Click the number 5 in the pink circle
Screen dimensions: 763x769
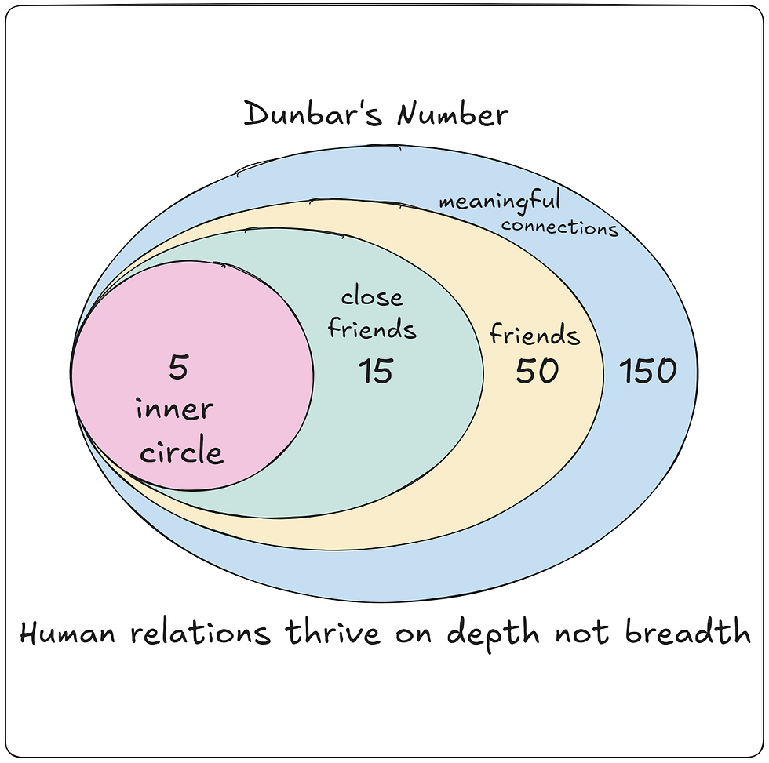(x=179, y=367)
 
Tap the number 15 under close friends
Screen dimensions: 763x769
(x=375, y=371)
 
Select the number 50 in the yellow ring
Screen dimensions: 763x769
(x=537, y=371)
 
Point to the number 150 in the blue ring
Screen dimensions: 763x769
(x=647, y=371)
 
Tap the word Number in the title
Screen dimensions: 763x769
(x=452, y=114)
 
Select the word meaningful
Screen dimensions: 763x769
(x=500, y=201)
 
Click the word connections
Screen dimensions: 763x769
(x=559, y=227)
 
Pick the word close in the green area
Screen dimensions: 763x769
(x=372, y=297)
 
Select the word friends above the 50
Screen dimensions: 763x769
(x=534, y=335)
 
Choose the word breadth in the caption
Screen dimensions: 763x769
(x=687, y=633)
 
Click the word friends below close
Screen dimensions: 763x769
(x=372, y=329)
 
